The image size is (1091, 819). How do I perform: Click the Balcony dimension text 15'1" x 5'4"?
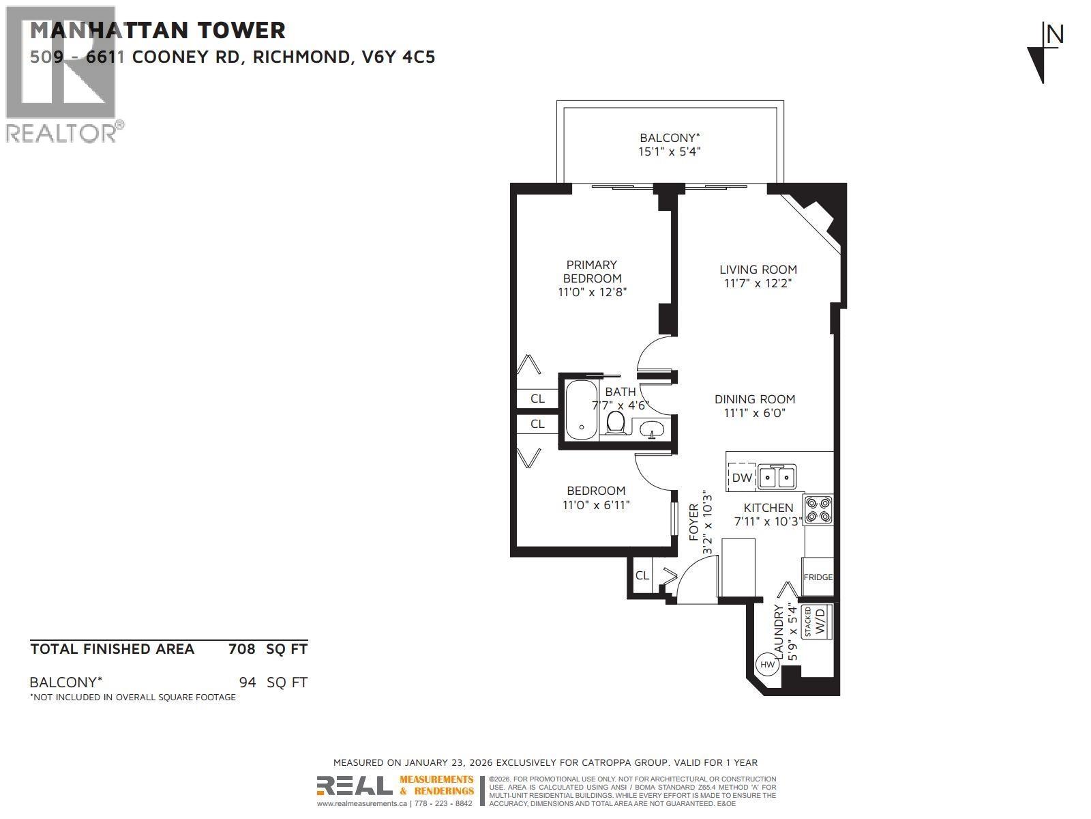[x=669, y=152]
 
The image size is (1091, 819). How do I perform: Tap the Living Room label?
[x=758, y=270]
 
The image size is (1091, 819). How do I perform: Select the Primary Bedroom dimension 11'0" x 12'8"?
[x=592, y=292]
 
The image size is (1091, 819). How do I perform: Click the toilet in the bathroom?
[x=616, y=422]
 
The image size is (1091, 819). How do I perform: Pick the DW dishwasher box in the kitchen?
[x=742, y=477]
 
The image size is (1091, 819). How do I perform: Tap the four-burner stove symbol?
[x=818, y=510]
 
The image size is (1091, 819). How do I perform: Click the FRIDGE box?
[x=818, y=577]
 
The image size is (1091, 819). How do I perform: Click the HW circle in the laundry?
[x=767, y=664]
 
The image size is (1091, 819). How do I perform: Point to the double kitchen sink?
[x=777, y=476]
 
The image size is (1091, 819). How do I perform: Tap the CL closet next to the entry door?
[x=642, y=575]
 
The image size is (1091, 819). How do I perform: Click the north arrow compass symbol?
[x=1043, y=53]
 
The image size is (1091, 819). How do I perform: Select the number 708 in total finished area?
[x=241, y=648]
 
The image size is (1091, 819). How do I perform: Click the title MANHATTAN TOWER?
[x=158, y=30]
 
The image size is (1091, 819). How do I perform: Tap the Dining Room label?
[x=755, y=399]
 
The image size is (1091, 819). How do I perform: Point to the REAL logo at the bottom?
[x=355, y=786]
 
